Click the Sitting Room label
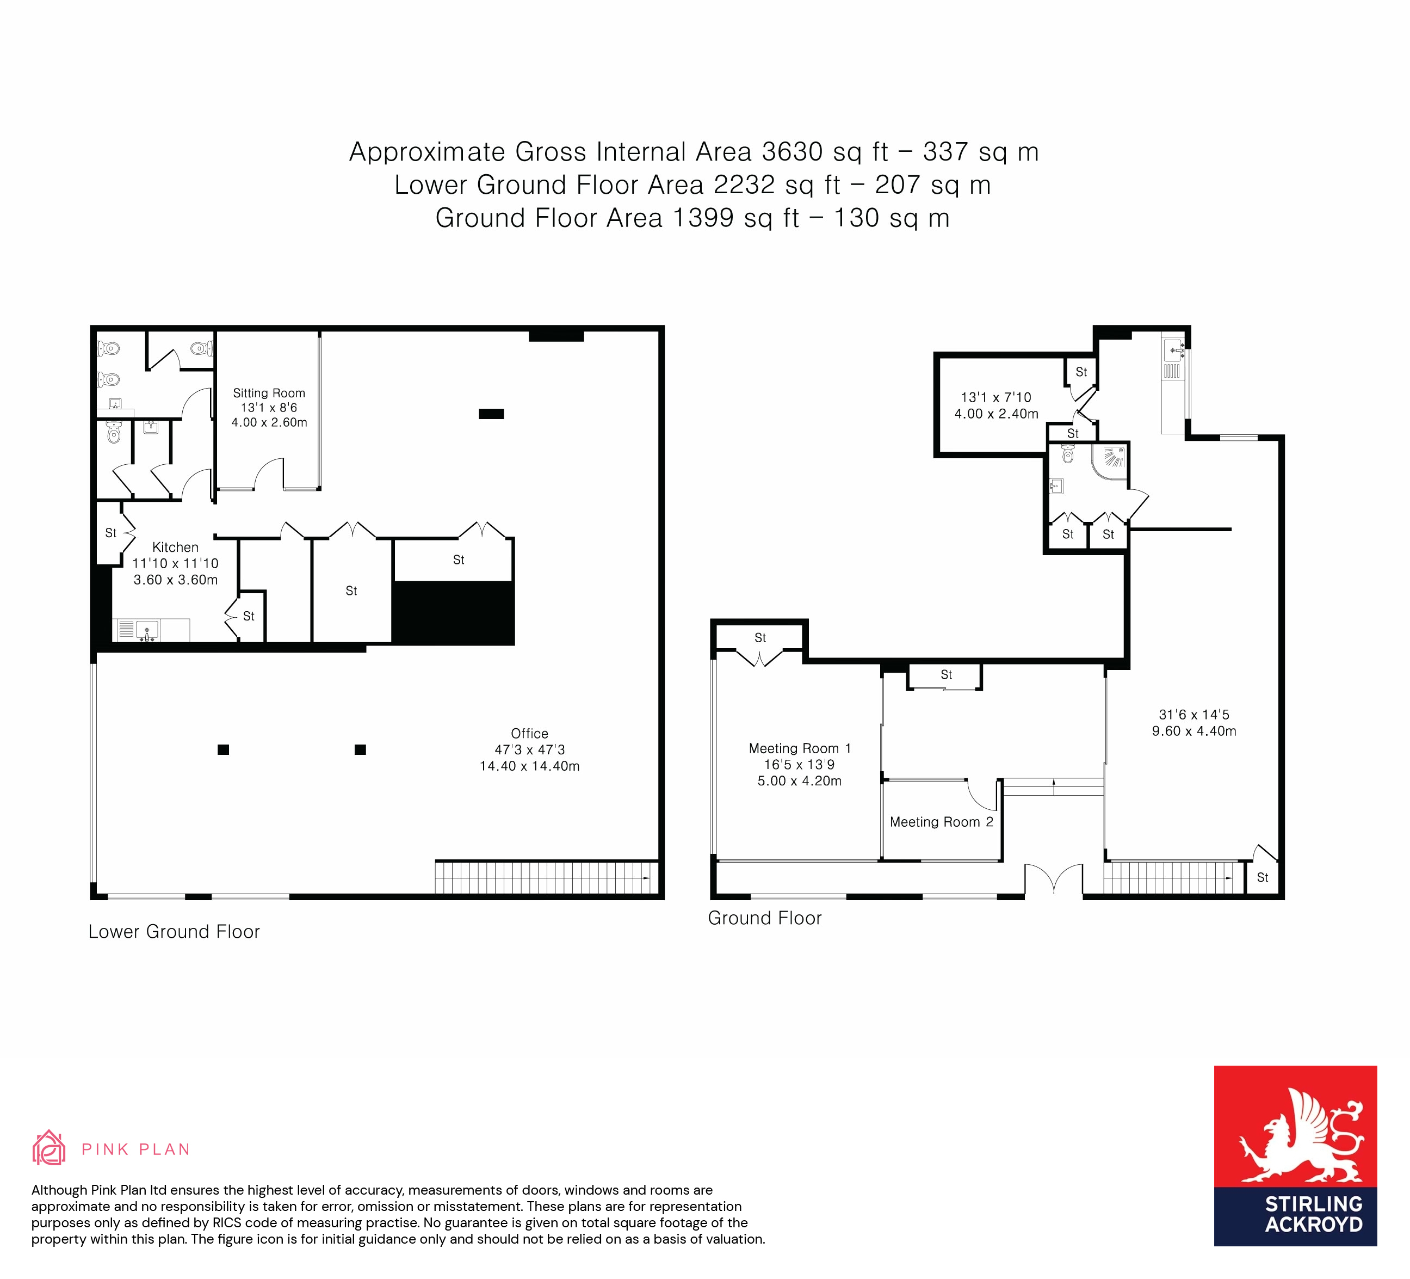(x=269, y=393)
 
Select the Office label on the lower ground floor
(x=529, y=733)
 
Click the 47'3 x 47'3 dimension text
(x=529, y=749)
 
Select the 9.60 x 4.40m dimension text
(x=1194, y=730)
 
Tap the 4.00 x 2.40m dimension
(x=996, y=414)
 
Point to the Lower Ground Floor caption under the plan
(x=174, y=931)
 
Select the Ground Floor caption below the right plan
(x=764, y=918)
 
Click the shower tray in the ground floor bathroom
(x=1110, y=461)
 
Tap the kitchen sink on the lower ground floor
(x=147, y=630)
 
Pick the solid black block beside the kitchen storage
(x=453, y=613)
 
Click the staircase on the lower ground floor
(x=546, y=877)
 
